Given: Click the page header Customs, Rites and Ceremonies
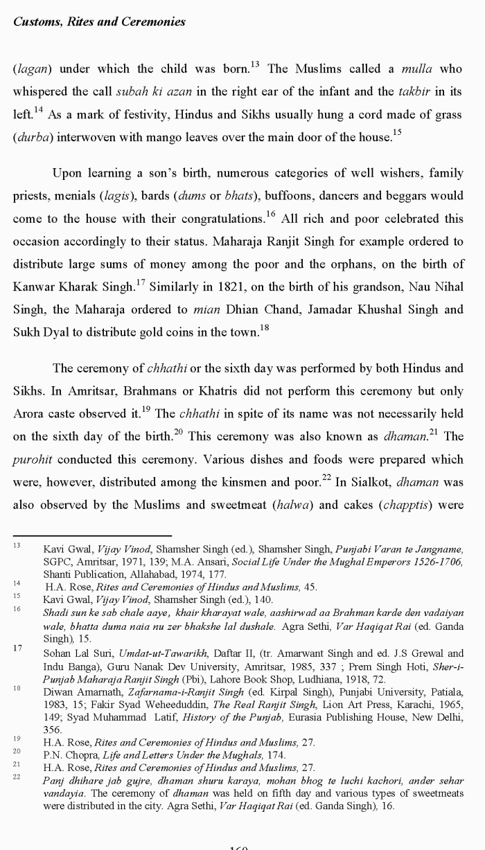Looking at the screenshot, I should click(x=99, y=21).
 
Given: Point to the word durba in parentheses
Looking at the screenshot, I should click(x=32, y=137).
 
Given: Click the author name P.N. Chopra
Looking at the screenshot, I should click(x=67, y=754).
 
